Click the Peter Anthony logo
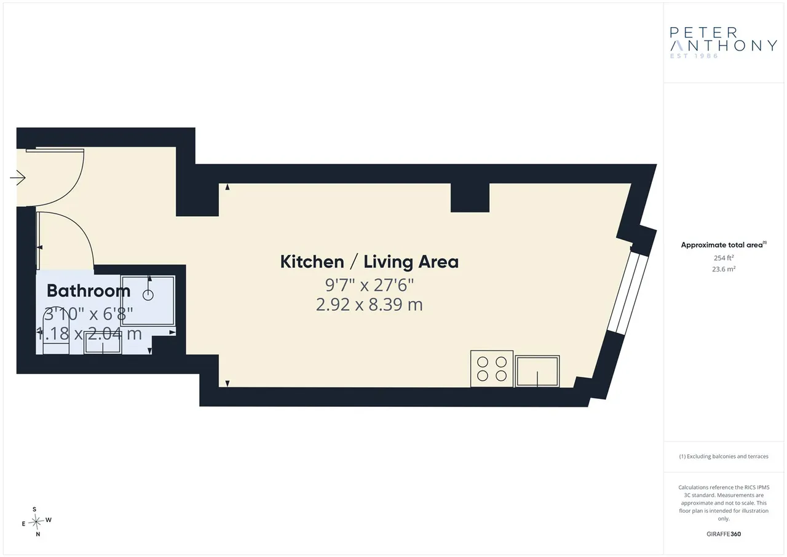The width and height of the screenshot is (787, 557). (724, 42)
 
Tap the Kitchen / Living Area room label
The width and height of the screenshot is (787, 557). (370, 262)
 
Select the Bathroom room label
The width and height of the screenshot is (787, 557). (89, 291)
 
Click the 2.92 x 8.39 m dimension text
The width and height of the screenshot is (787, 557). (370, 305)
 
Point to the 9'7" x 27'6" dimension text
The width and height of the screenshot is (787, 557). (370, 285)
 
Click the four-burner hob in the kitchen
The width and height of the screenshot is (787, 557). (491, 369)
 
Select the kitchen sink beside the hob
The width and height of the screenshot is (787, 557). (537, 371)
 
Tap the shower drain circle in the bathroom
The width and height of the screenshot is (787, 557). (148, 295)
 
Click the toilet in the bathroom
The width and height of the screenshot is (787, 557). (56, 332)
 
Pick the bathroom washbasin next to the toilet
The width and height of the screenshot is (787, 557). (103, 342)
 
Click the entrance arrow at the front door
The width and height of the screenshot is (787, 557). (18, 178)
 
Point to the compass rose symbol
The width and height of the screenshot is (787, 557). (36, 522)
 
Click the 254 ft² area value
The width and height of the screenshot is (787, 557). (724, 258)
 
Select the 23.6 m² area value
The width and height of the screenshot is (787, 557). (724, 269)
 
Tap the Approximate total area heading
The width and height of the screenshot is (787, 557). (724, 245)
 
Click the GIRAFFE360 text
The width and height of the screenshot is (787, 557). (724, 534)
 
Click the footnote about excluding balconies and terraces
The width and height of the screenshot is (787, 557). (724, 457)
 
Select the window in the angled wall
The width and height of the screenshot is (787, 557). (628, 294)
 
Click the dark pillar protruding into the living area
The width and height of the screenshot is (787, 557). (470, 198)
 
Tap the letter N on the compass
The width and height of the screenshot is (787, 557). (38, 534)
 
